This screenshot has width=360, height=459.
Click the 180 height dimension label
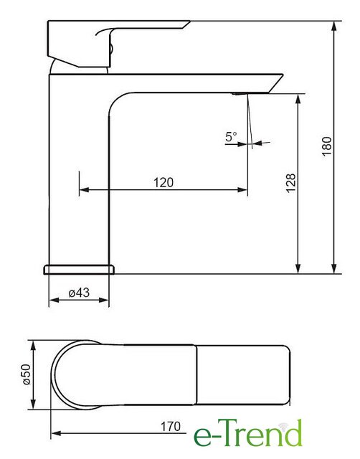tap(327, 146)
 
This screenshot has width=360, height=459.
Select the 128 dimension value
tap(291, 183)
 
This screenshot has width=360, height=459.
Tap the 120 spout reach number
tap(164, 182)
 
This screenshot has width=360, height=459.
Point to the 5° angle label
tap(231, 136)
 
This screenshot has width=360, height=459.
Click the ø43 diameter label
tap(79, 293)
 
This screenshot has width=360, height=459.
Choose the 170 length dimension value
tap(171, 427)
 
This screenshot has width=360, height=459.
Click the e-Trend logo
tap(248, 433)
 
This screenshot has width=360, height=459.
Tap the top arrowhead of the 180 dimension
tap(333, 27)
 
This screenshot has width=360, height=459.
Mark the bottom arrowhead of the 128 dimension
tap(298, 268)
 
